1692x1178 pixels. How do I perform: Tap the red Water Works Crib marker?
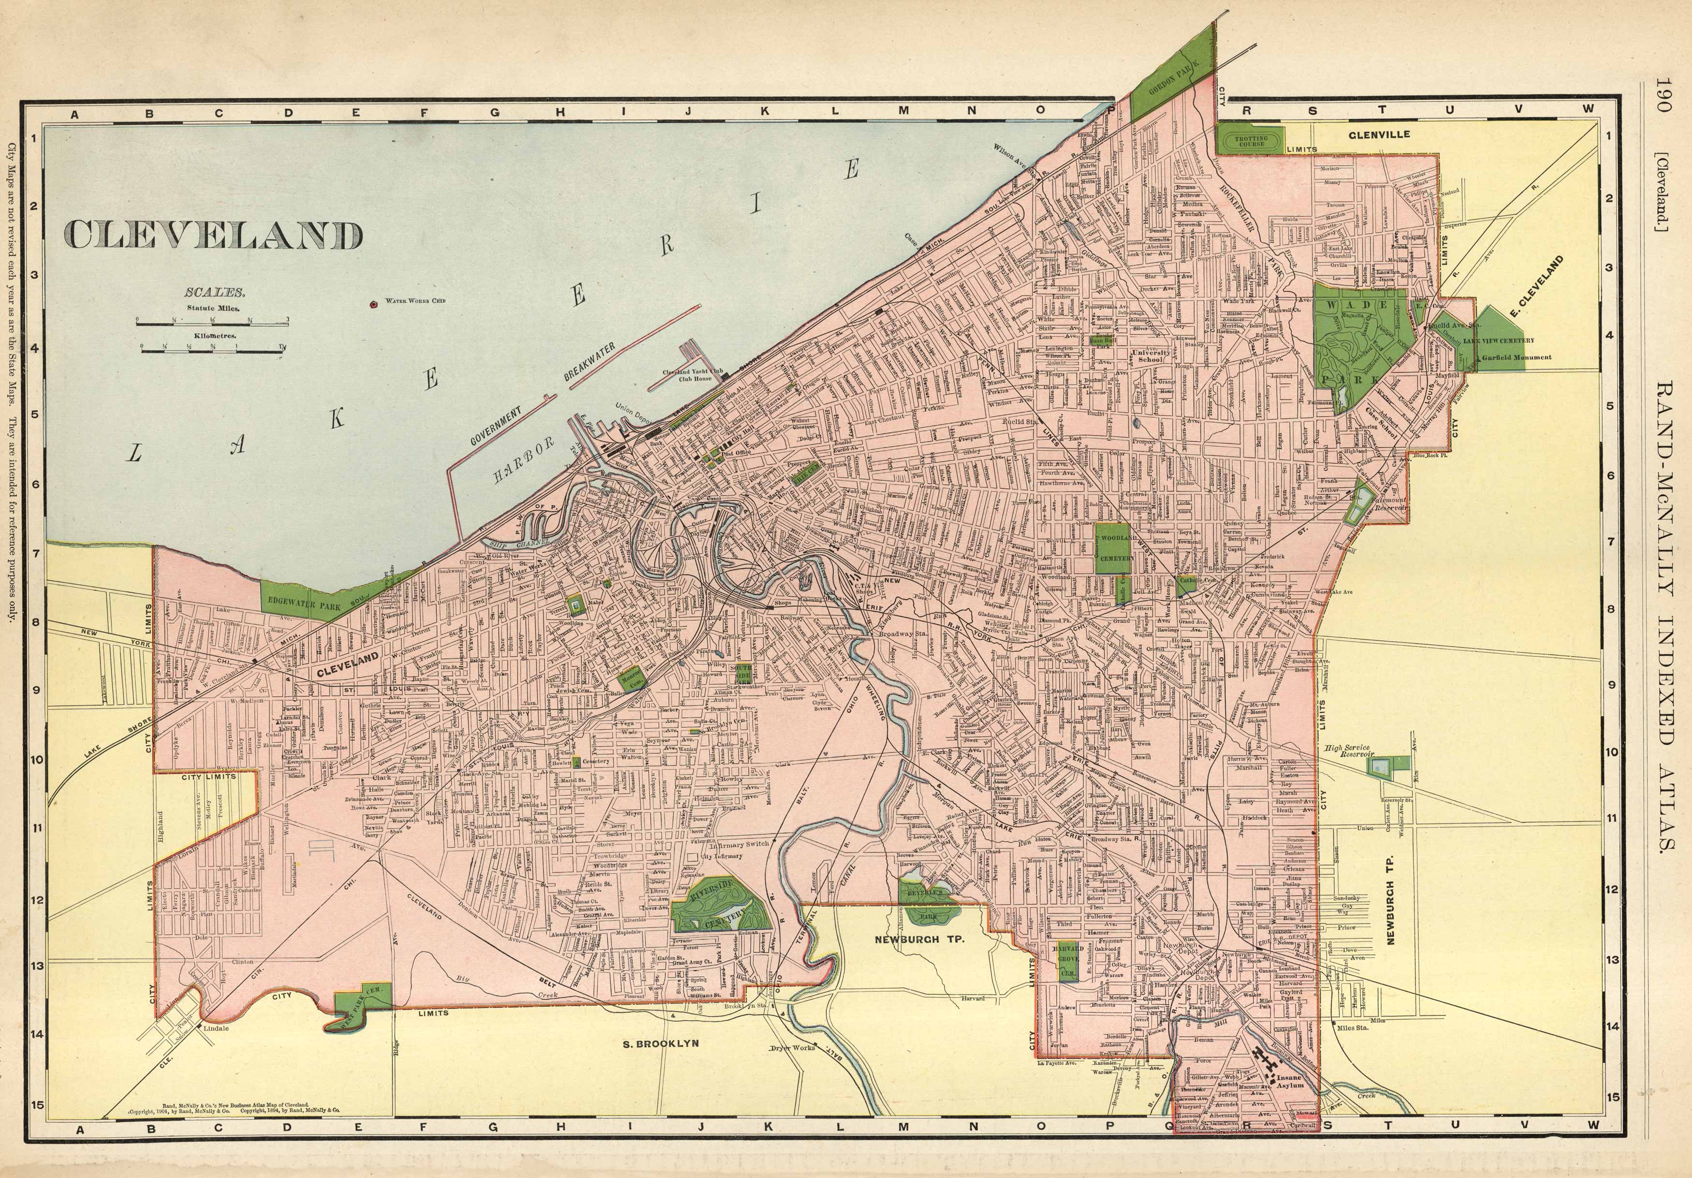click(374, 302)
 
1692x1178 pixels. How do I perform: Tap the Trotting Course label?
click(1251, 140)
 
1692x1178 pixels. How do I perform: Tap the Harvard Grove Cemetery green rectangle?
click(1066, 961)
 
